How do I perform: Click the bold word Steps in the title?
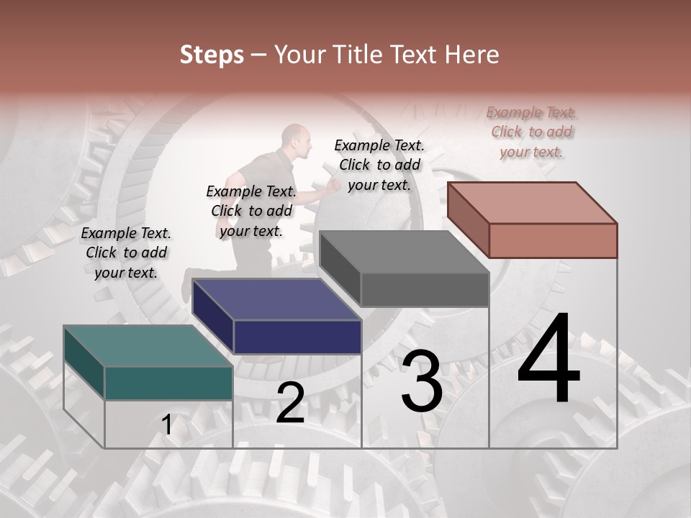212,55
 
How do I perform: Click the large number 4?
548,360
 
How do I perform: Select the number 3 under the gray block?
422,382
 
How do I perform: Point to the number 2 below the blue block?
290,404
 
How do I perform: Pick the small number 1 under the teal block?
167,425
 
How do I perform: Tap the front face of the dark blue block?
297,337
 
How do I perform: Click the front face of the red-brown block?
553,240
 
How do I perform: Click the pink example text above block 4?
531,132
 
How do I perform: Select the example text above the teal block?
127,253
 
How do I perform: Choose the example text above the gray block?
379,164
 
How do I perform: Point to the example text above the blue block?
251,211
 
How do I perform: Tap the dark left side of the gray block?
339,268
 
